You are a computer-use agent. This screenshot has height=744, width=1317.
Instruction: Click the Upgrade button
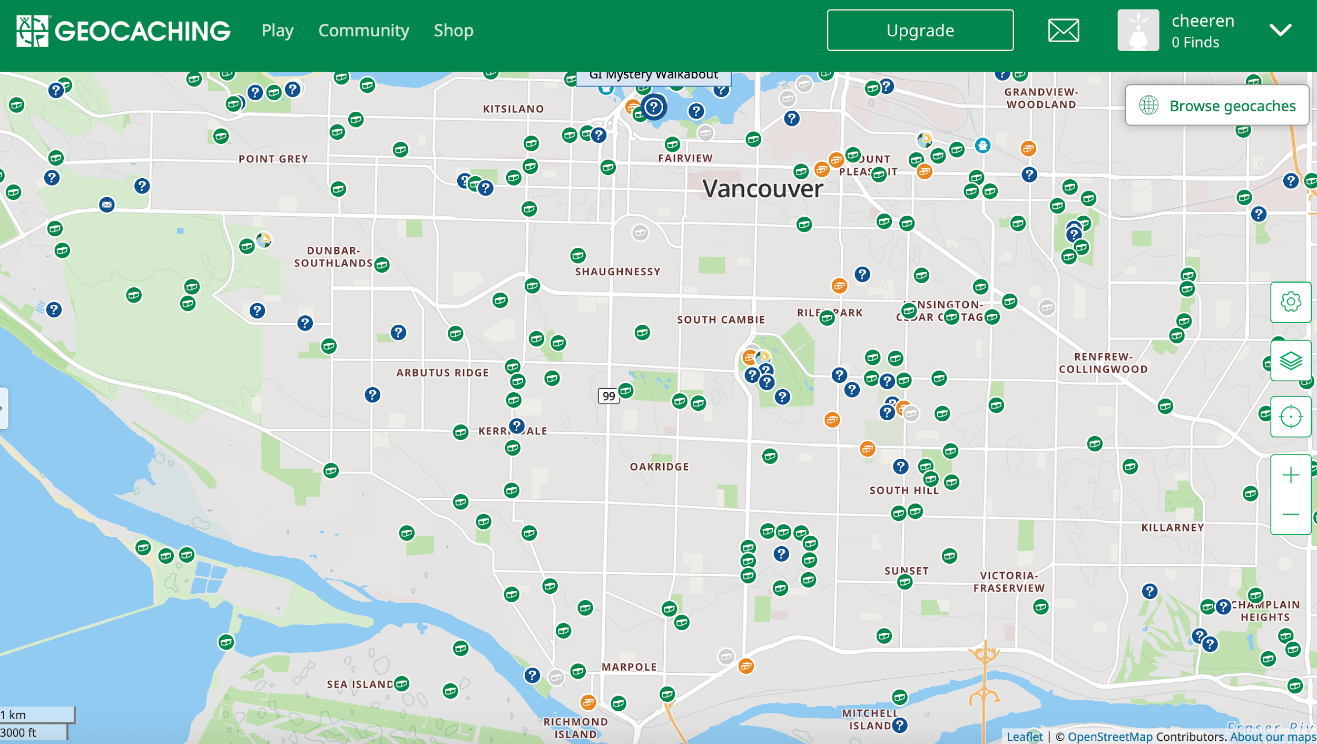pos(920,31)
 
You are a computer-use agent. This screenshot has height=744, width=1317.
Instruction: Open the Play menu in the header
pos(278,31)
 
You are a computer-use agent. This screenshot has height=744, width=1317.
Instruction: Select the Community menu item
pos(363,31)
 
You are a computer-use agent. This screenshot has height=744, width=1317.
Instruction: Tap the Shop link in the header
pos(454,31)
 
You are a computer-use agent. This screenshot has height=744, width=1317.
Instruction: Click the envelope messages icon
pos(1063,31)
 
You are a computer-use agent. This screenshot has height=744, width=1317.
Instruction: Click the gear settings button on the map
pos(1290,302)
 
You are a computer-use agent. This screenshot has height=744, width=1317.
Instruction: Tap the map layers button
pos(1290,361)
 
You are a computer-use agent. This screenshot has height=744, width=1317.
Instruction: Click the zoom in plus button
pos(1290,476)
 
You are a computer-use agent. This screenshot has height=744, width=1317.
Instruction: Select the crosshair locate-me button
pos(1290,417)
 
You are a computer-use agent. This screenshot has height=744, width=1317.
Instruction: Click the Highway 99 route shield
pos(608,396)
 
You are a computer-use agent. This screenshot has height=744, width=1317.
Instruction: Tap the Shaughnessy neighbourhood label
pos(617,272)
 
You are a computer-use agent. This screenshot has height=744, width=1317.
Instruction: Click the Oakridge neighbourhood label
pos(659,467)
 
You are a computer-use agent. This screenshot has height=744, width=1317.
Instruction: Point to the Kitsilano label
pos(513,109)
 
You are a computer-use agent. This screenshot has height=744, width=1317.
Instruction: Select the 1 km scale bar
pos(37,715)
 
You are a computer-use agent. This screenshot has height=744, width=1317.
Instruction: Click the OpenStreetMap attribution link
pos(1109,737)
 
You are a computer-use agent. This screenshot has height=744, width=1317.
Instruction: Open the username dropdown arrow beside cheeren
pos(1280,31)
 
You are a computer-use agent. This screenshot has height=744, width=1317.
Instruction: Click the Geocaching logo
pos(123,31)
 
